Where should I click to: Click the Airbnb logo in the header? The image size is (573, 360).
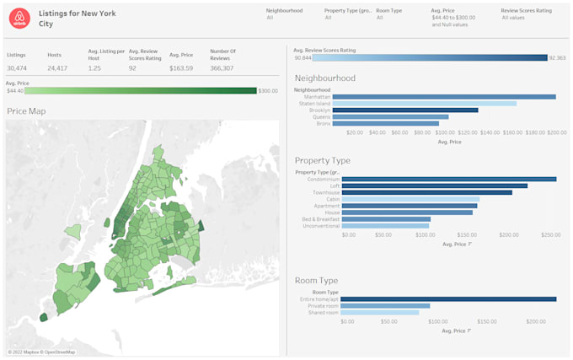tap(20, 18)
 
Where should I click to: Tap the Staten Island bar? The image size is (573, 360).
tap(425, 104)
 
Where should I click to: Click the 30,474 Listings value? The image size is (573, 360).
tap(17, 67)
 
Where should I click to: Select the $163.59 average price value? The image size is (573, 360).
tap(180, 67)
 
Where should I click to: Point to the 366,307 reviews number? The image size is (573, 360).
tap(222, 67)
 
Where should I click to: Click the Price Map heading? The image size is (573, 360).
tap(26, 111)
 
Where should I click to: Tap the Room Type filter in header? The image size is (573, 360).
tap(389, 11)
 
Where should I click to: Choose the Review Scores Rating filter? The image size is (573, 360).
tap(526, 11)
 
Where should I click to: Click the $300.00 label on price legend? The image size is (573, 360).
tap(268, 90)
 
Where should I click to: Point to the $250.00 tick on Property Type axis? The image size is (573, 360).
tap(550, 234)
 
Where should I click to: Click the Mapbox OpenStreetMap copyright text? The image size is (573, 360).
tap(41, 352)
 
